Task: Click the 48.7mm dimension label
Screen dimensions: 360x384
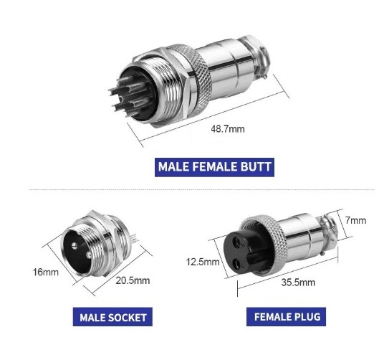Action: point(227,130)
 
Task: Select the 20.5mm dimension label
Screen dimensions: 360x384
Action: point(133,280)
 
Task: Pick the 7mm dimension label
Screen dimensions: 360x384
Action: point(355,219)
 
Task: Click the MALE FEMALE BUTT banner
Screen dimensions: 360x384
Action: point(215,168)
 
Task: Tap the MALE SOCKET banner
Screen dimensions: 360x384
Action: point(112,317)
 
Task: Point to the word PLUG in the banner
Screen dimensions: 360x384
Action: point(309,316)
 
